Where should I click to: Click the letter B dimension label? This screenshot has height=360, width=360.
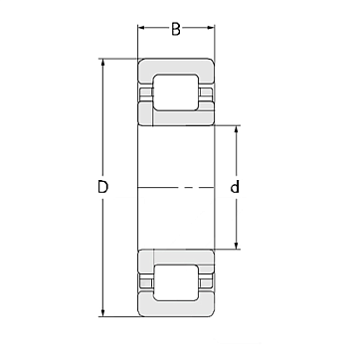pyautogui.click(x=176, y=29)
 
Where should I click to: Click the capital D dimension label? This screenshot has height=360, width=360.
pyautogui.click(x=103, y=187)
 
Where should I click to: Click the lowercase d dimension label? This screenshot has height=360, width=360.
pyautogui.click(x=235, y=187)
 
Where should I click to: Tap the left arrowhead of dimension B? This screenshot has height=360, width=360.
pyautogui.click(x=142, y=28)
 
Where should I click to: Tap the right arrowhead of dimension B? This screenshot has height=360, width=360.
pyautogui.click(x=211, y=28)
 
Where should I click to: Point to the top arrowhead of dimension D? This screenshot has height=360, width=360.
pyautogui.click(x=102, y=63)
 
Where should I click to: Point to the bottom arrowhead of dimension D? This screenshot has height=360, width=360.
pyautogui.click(x=102, y=312)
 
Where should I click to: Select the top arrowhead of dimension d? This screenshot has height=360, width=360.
pyautogui.click(x=236, y=130)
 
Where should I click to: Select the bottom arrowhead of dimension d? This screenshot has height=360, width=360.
pyautogui.click(x=236, y=245)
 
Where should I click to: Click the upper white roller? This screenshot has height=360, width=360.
pyautogui.click(x=176, y=92)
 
